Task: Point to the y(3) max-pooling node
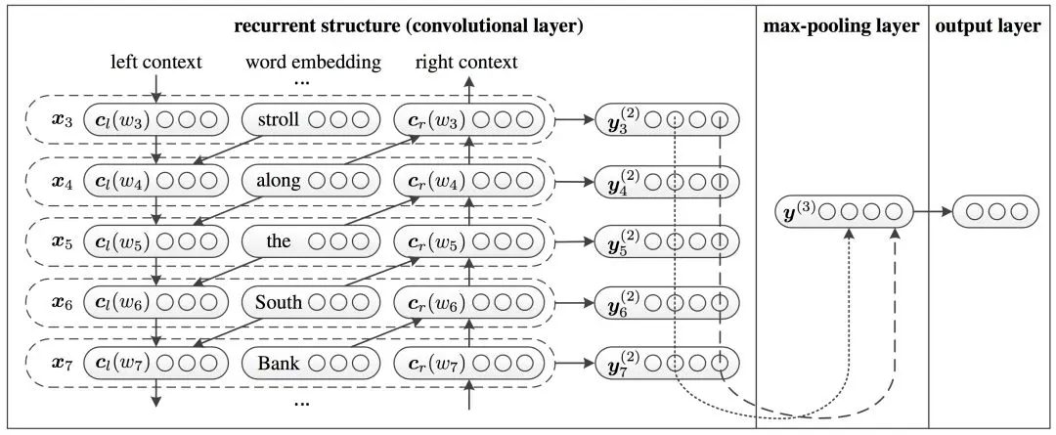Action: point(840,210)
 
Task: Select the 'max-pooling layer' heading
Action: point(841,26)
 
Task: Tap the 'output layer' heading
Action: point(988,26)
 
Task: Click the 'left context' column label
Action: point(156,64)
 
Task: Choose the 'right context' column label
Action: point(466,64)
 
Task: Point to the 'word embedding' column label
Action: point(312,64)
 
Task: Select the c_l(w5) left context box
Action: point(156,242)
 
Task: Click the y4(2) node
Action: point(666,182)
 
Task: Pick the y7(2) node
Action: point(666,365)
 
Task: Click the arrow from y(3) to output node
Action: point(932,210)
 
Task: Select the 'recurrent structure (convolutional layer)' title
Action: point(409,26)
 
